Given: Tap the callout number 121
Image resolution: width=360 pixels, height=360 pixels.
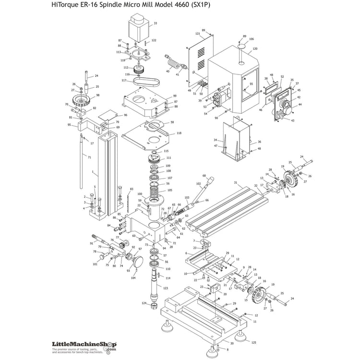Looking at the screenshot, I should click(x=197, y=34).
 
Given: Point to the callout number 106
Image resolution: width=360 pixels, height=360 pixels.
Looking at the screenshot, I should click(x=251, y=39).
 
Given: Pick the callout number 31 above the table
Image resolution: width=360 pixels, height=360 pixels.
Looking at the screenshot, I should click(x=236, y=182).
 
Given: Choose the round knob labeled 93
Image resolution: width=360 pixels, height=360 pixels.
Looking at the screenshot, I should click(x=139, y=262).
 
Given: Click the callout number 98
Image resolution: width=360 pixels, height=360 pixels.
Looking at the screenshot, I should click(x=97, y=96).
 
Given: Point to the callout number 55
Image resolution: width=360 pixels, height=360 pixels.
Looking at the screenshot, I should click(x=251, y=84).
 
